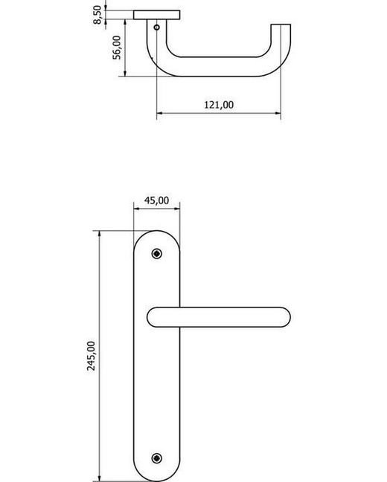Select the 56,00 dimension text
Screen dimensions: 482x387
(117, 48)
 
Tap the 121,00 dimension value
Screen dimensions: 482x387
(219, 105)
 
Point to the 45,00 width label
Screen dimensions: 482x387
(156, 200)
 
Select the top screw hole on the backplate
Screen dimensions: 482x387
(156, 254)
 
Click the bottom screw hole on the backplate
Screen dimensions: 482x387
(156, 457)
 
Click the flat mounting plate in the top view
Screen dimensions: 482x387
(157, 15)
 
